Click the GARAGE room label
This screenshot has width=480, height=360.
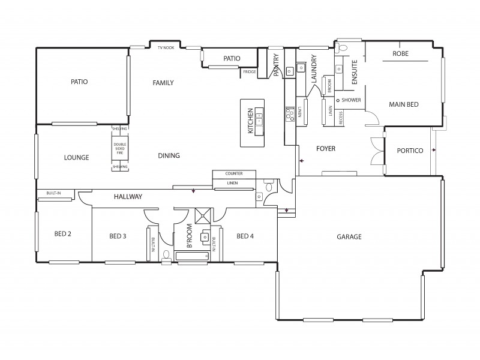point(349,237)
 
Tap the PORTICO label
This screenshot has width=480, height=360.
point(410,151)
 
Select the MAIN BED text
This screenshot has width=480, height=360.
point(403,104)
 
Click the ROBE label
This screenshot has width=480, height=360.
point(400,54)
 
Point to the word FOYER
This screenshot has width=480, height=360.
point(325,148)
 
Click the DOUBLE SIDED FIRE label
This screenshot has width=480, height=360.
point(120,148)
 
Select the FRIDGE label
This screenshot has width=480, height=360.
point(249,72)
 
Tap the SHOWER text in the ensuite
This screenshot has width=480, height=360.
point(351,100)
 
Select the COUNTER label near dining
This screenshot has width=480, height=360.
point(233,173)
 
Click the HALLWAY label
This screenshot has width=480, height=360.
point(128,196)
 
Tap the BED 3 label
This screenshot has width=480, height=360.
point(118,236)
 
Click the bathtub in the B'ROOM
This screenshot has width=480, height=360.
point(191,256)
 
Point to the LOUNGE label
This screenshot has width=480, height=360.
point(76,158)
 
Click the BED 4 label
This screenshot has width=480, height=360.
point(245,236)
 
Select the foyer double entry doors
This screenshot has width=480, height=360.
point(376,151)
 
